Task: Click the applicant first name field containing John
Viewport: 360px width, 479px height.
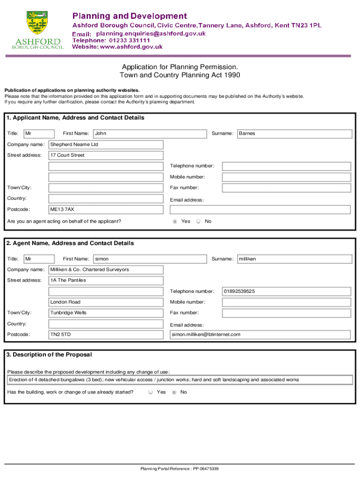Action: (150, 134)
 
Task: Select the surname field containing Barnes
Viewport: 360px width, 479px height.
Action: (295, 134)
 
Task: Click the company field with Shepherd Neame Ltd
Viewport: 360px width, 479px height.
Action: (106, 145)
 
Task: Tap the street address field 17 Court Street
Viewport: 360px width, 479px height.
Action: (106, 155)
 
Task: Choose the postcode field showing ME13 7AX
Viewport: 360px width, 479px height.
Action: (106, 210)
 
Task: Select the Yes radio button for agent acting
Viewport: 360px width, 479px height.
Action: (175, 221)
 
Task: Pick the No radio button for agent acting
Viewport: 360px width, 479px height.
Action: (198, 221)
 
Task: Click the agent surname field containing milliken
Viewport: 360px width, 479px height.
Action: (295, 259)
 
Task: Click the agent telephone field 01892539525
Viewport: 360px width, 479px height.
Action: (286, 291)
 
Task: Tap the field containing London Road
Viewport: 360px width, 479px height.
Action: (106, 302)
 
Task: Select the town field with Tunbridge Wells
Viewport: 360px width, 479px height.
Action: (106, 313)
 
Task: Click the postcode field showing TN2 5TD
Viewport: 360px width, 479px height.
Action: (106, 334)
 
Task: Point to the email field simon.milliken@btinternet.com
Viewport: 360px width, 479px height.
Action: (260, 334)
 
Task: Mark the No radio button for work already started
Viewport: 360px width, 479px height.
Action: (174, 392)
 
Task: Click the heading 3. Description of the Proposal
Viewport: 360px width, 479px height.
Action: (49, 355)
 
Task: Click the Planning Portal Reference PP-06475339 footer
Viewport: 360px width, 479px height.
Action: (180, 469)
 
